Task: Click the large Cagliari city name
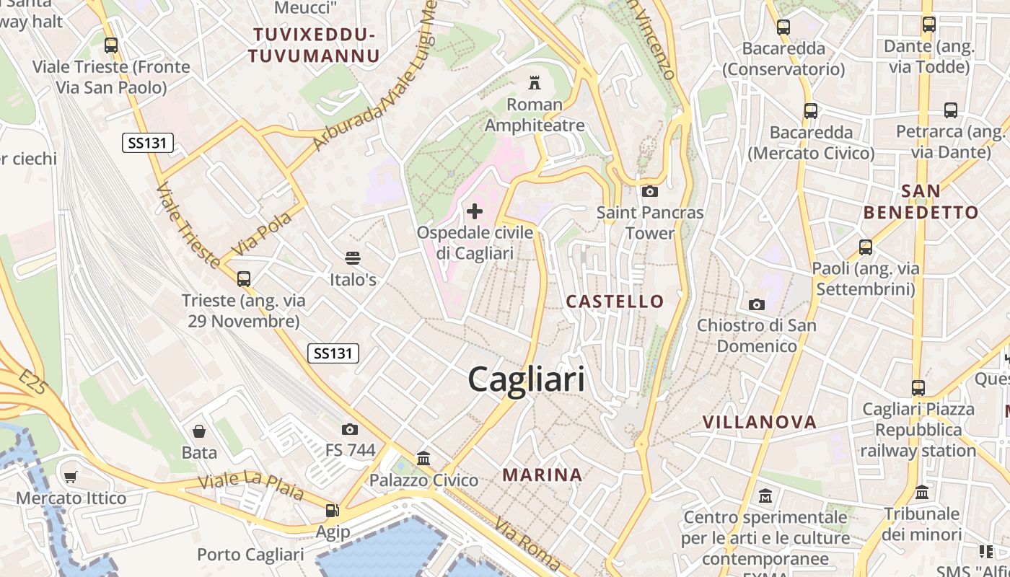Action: click(526, 379)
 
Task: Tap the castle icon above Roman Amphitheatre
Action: click(535, 83)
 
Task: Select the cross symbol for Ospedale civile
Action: click(475, 211)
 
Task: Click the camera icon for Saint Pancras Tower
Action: click(649, 191)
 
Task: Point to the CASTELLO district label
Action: click(615, 301)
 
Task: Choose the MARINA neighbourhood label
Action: click(543, 475)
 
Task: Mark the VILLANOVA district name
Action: click(759, 422)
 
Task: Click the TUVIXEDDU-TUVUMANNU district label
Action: click(313, 45)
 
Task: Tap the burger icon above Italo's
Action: click(353, 257)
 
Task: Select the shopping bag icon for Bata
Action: click(199, 431)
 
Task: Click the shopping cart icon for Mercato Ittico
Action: click(70, 477)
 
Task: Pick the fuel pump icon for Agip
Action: click(332, 511)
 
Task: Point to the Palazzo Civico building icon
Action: click(423, 459)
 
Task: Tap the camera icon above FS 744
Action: click(350, 429)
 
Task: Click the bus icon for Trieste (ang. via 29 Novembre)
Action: click(244, 278)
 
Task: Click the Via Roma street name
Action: click(527, 544)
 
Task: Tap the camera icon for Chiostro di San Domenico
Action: click(756, 304)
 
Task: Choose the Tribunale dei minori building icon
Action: click(921, 493)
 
